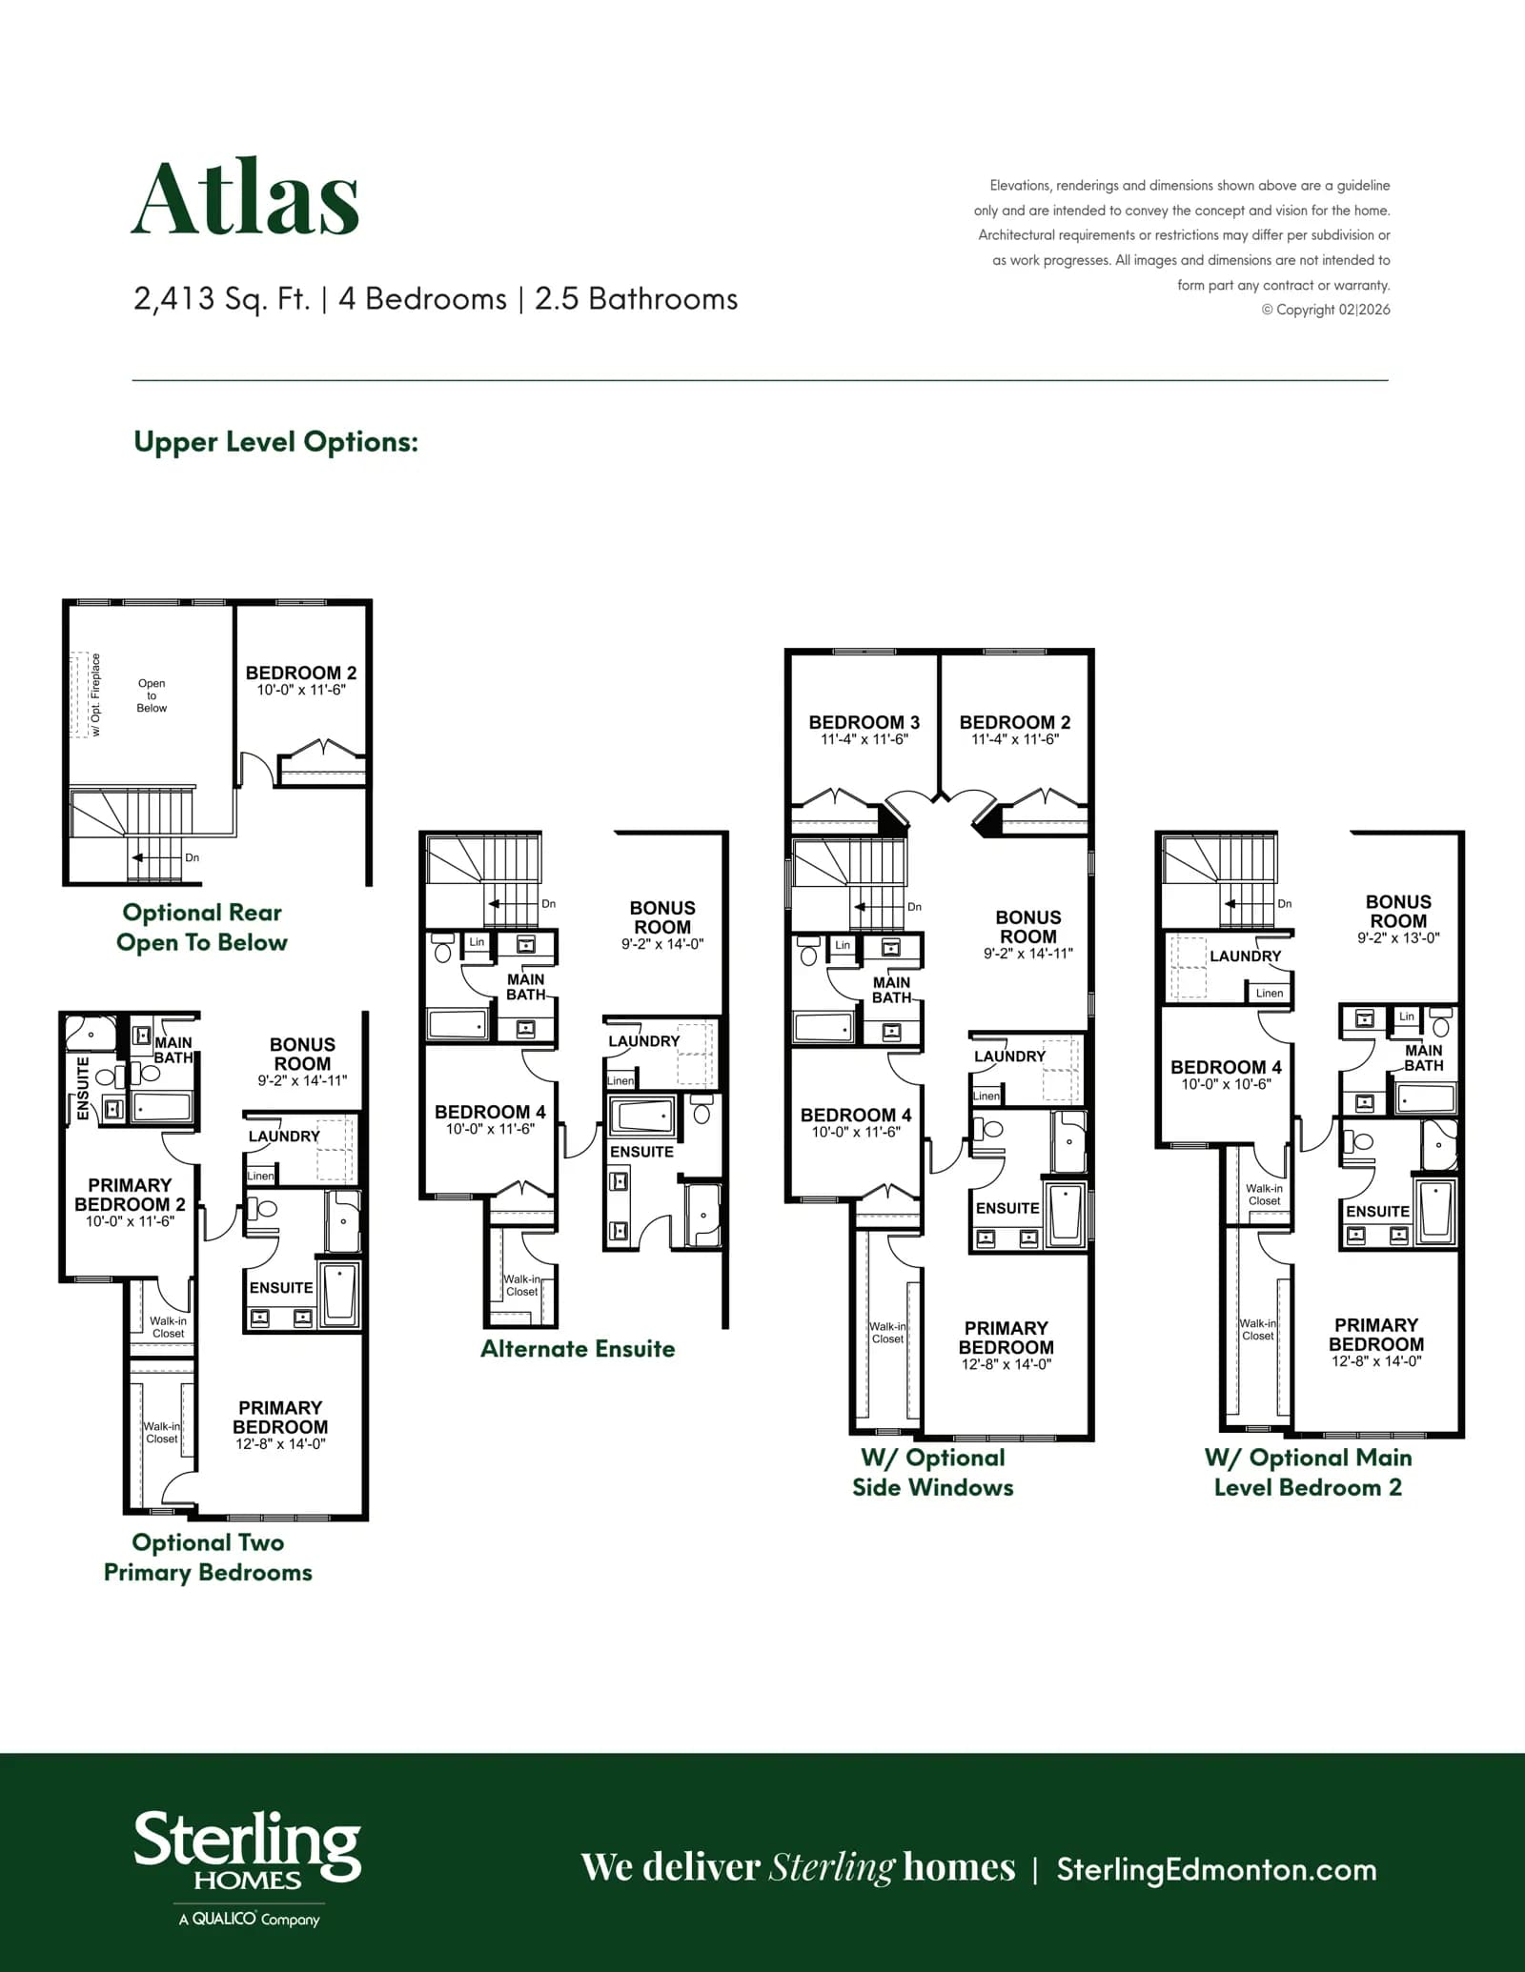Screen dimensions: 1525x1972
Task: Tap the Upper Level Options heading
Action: [275, 442]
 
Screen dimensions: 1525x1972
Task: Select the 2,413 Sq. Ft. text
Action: [222, 299]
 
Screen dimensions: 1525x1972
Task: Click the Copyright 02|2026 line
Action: [1326, 310]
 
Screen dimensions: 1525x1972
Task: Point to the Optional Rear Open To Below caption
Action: [202, 927]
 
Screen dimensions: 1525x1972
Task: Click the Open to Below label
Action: [152, 695]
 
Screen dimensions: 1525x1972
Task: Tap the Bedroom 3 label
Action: [864, 722]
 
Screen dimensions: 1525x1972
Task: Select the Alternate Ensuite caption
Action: [578, 1348]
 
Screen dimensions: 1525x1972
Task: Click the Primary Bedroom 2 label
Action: [130, 1195]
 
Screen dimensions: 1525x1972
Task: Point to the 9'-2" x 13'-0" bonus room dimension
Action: [1398, 937]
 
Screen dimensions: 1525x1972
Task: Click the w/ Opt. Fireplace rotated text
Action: [95, 694]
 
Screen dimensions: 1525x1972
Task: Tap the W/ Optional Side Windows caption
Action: [933, 1472]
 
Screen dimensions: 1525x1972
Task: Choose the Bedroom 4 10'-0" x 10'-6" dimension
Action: [1226, 1084]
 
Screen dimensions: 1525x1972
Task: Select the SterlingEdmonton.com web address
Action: [1216, 1869]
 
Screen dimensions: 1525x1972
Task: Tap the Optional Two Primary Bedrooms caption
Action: [208, 1557]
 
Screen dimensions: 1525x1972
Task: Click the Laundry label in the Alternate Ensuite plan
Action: [644, 1041]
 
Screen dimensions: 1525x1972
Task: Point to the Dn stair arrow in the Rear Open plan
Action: [156, 857]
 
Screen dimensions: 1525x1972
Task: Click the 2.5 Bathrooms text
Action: [637, 299]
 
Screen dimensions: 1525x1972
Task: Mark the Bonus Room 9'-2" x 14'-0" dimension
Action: [662, 944]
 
